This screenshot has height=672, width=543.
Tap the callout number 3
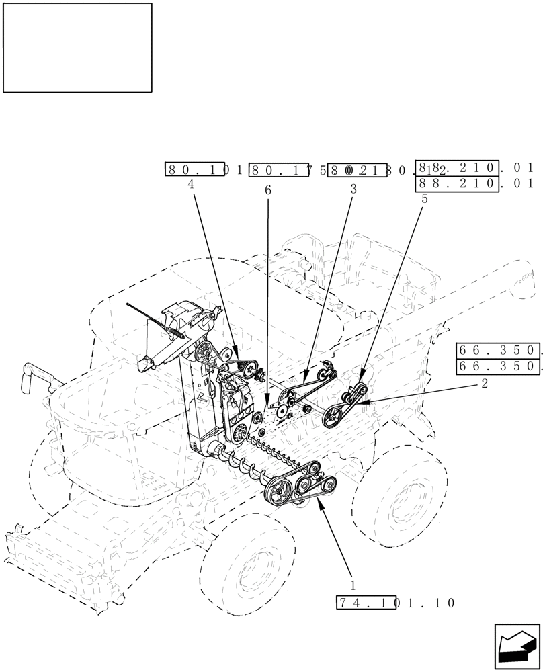pyautogui.click(x=353, y=190)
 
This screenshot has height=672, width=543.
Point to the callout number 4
pyautogui.click(x=192, y=183)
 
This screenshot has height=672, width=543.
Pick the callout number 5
pyautogui.click(x=425, y=198)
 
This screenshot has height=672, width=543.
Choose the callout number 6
pyautogui.click(x=268, y=191)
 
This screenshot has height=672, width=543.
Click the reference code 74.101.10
pyautogui.click(x=395, y=603)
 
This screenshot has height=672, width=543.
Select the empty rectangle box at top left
pyautogui.click(x=77, y=48)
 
